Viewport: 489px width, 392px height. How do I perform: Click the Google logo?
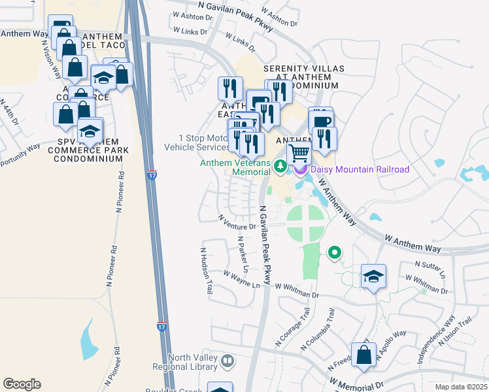[22, 384]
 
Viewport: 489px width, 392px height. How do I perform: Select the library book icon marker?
[228, 361]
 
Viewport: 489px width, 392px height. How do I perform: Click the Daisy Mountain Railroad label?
[360, 169]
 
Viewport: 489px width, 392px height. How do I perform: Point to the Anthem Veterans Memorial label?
[235, 168]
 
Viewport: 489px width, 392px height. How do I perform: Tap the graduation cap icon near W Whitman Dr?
[373, 276]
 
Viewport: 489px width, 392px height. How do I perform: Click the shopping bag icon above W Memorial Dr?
[364, 356]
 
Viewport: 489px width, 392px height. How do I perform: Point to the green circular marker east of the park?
[335, 252]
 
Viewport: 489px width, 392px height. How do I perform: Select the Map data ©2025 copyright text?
[462, 387]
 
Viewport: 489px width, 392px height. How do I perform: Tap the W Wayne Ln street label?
[241, 280]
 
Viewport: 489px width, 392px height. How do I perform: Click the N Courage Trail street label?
[292, 332]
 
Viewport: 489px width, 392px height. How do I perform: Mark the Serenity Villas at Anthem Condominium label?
[301, 76]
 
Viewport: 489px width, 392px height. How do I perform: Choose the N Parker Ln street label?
[243, 254]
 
